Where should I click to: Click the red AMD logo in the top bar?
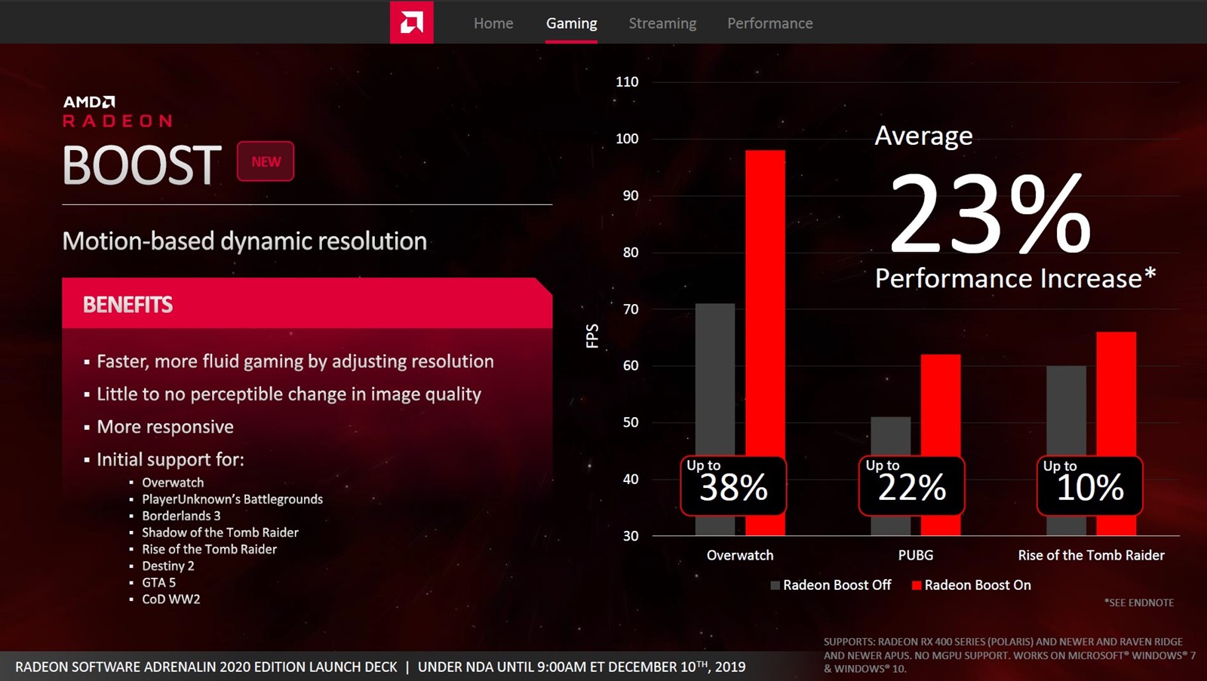point(411,23)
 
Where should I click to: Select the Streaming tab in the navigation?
point(662,23)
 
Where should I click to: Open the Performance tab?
point(769,23)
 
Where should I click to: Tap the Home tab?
point(493,23)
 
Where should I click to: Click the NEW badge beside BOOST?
point(266,161)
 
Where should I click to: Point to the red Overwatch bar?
point(765,302)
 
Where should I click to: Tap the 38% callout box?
point(733,486)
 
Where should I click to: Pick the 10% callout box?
point(1089,486)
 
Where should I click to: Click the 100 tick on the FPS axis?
point(627,139)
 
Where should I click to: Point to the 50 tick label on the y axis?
point(631,422)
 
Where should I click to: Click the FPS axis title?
point(592,336)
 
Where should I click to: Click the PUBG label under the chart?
point(916,555)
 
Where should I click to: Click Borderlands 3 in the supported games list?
point(181,516)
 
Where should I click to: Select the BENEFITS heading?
point(127,305)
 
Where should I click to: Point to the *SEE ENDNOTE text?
point(1139,603)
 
